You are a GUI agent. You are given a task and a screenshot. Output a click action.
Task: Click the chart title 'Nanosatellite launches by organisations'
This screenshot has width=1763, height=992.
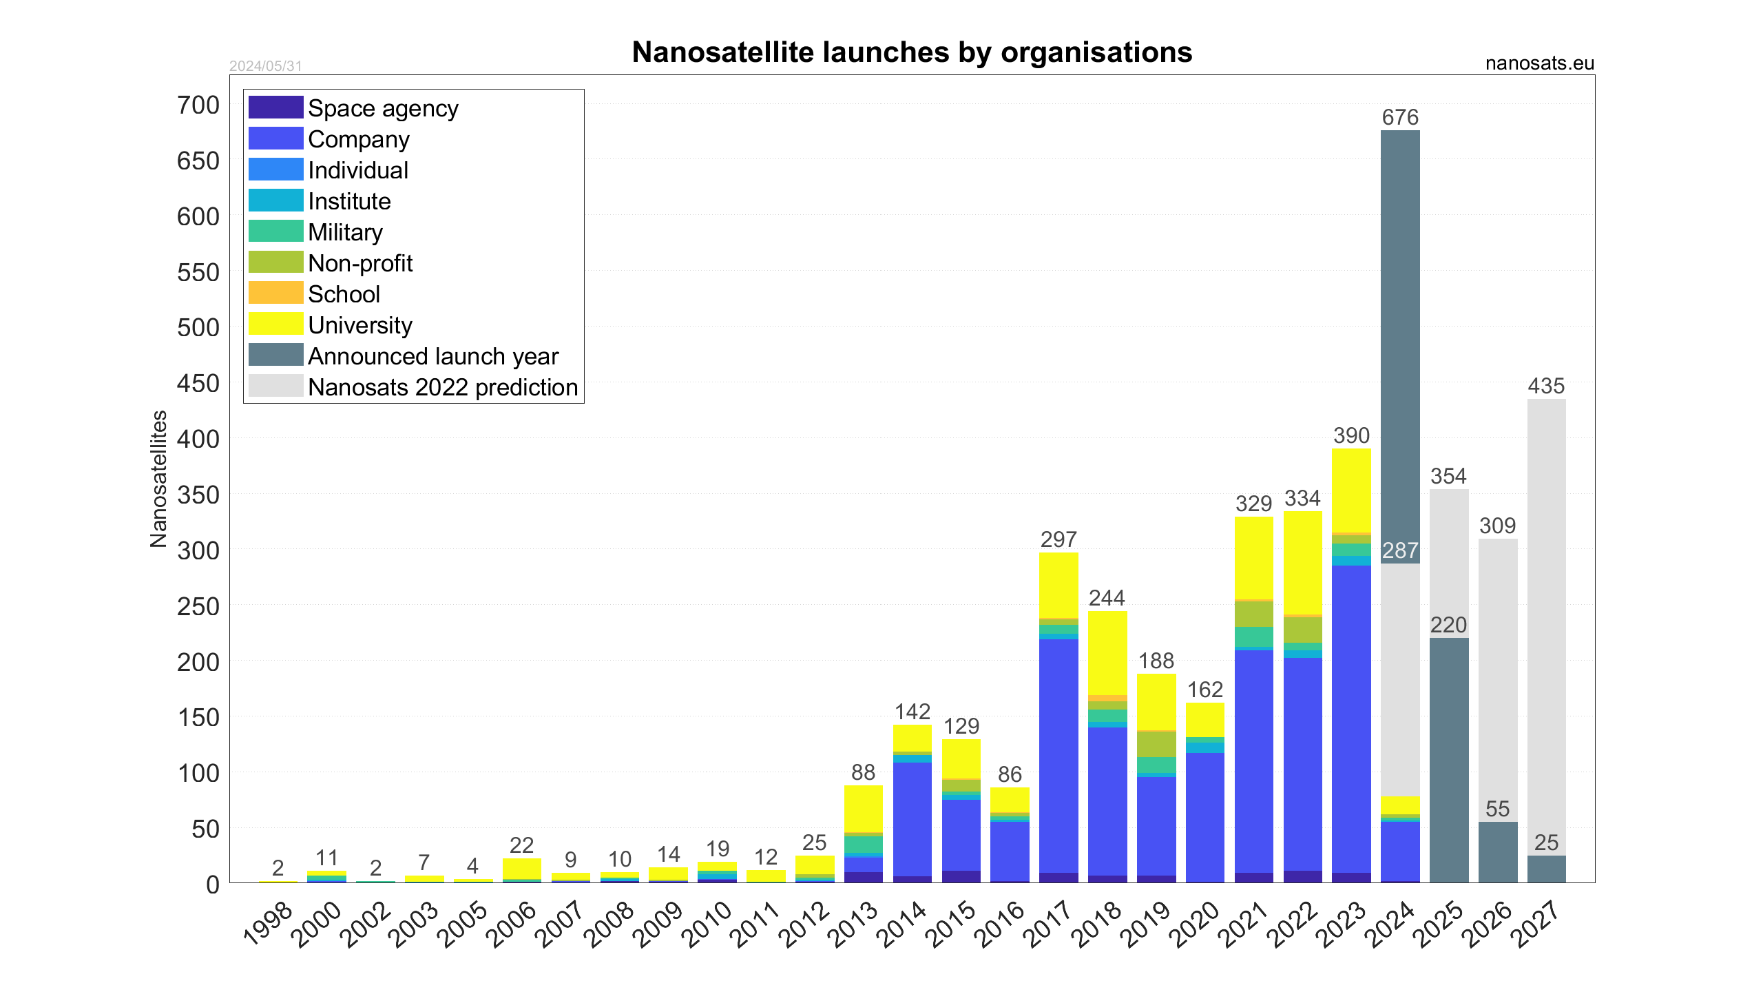912,52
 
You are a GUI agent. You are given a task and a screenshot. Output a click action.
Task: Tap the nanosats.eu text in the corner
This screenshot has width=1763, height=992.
1539,63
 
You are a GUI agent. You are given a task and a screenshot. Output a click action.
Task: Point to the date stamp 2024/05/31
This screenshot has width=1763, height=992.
266,66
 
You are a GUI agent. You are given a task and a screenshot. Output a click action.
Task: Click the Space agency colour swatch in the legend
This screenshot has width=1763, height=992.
275,107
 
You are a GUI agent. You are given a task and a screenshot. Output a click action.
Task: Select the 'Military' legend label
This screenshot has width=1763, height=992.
345,232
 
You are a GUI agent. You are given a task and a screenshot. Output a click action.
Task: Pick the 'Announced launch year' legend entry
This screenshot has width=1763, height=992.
432,356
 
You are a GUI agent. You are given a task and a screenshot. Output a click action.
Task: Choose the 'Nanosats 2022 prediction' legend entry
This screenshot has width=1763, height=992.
442,387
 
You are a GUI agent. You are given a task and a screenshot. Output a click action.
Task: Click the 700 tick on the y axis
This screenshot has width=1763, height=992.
198,105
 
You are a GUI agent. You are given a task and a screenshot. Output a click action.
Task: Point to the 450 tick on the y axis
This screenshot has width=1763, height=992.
198,384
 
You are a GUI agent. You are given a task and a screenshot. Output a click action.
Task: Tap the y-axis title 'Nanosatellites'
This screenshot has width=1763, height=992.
158,479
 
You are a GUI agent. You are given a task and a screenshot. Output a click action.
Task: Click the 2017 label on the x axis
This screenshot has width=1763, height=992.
1047,924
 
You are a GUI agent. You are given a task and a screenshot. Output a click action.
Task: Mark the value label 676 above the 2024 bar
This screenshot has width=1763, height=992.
1400,117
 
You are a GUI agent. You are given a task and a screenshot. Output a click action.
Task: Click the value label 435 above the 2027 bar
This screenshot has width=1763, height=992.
1546,386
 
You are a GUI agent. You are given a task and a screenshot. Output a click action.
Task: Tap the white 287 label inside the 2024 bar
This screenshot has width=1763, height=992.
1400,550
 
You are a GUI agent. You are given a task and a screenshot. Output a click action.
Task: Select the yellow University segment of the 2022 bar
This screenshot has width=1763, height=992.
1302,562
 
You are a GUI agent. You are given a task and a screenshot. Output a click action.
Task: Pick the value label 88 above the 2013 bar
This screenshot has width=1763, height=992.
863,772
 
